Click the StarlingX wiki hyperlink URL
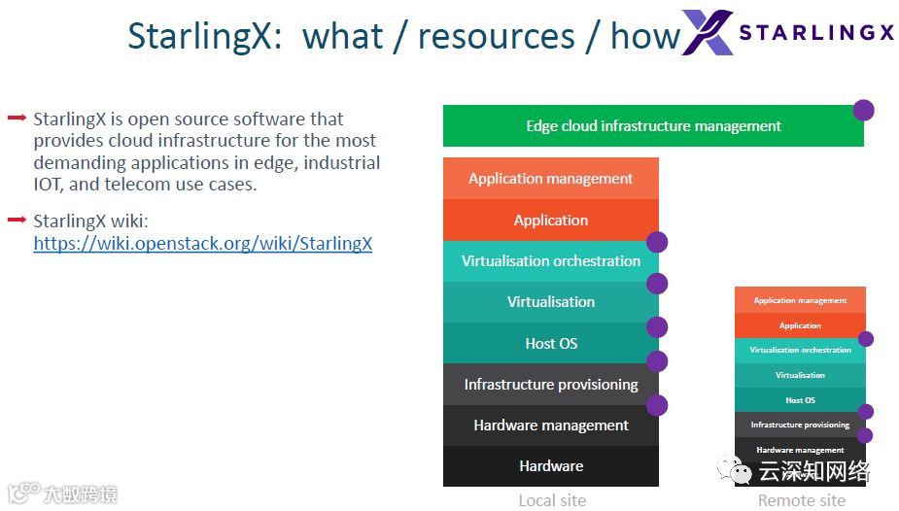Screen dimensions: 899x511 point(202,244)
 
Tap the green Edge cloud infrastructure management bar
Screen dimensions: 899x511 point(653,126)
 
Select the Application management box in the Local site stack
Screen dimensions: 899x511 point(550,179)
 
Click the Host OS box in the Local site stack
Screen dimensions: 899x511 point(550,343)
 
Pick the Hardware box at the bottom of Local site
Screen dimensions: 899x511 point(550,466)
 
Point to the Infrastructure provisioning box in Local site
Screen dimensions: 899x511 point(550,385)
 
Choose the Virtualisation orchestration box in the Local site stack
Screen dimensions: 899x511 point(550,261)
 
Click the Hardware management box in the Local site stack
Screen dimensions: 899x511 point(550,426)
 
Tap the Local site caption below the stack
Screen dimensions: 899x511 point(551,500)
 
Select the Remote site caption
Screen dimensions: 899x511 point(801,500)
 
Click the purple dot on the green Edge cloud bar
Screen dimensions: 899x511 point(863,110)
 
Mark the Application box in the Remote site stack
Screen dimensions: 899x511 point(800,325)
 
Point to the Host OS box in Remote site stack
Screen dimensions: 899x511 point(800,400)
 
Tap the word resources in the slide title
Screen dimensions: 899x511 point(496,37)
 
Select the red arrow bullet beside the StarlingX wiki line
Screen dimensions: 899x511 point(17,221)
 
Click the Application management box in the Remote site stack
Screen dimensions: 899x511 point(800,300)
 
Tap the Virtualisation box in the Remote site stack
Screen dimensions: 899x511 point(800,375)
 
